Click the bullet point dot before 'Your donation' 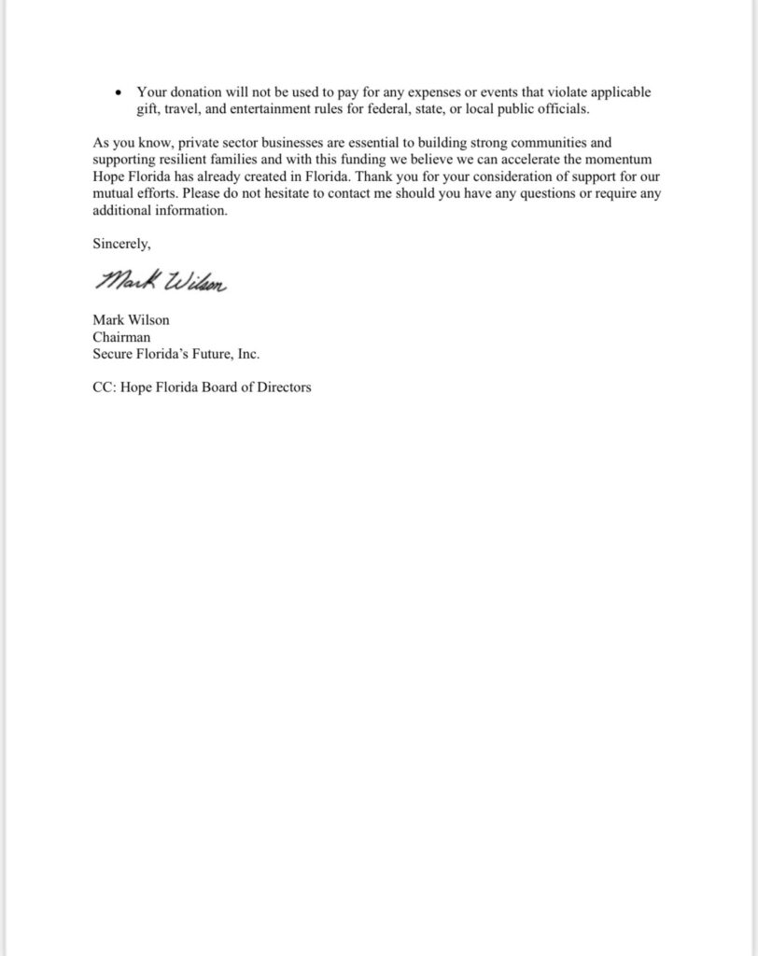[117, 93]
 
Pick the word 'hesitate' [297, 194]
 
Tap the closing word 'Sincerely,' [121, 244]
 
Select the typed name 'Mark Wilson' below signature [131, 320]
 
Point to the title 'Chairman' [121, 337]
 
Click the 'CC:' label [105, 387]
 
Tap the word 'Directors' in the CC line [283, 387]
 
